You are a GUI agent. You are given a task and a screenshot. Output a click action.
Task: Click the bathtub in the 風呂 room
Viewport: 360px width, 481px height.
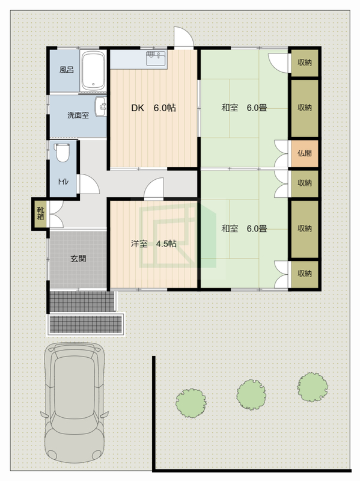point(93,70)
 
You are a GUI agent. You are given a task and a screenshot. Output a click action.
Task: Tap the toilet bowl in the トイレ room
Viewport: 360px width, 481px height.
point(63,153)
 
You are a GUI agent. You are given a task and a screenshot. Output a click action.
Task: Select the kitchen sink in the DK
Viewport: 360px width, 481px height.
point(156,58)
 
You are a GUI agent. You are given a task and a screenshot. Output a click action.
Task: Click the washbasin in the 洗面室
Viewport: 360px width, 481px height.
point(101,106)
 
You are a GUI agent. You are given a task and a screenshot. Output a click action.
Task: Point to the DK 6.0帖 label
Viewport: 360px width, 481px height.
point(153,108)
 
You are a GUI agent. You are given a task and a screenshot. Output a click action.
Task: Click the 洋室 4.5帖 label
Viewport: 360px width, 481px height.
point(153,244)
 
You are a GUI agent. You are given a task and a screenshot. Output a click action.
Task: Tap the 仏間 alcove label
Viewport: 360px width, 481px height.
point(305,153)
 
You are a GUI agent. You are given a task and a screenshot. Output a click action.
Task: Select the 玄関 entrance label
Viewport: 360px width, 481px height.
point(78,259)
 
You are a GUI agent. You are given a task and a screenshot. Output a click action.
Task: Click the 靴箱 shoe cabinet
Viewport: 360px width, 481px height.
point(40,214)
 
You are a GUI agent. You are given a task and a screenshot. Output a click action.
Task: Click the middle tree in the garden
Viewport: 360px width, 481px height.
point(251,394)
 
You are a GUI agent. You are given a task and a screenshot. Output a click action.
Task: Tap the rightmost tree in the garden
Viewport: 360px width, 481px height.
point(313,387)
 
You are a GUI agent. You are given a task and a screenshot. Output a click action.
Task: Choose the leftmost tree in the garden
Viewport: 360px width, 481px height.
point(191,403)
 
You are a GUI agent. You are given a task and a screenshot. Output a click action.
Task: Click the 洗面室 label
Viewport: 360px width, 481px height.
point(78,115)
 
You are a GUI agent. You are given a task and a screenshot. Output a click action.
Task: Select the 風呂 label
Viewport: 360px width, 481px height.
point(67,70)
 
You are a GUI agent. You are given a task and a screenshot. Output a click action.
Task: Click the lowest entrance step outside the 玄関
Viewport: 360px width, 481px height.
point(86,324)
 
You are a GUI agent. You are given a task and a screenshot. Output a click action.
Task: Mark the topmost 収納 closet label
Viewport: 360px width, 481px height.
point(305,63)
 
